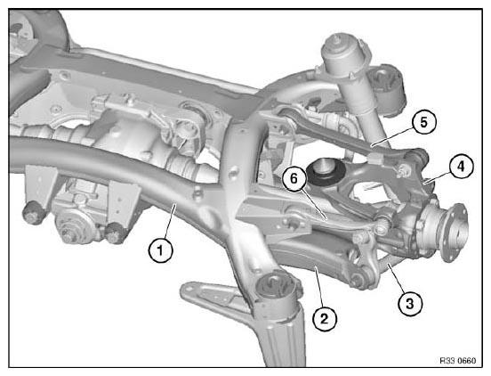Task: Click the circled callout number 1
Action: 160,250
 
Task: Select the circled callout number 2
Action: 325,319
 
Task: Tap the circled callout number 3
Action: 409,303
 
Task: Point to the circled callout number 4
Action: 461,167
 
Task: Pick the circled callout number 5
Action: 423,122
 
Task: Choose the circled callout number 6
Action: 294,178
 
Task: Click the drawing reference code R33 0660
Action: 457,361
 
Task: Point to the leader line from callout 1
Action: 168,221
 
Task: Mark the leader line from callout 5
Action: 392,135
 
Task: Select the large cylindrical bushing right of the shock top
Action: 387,89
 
